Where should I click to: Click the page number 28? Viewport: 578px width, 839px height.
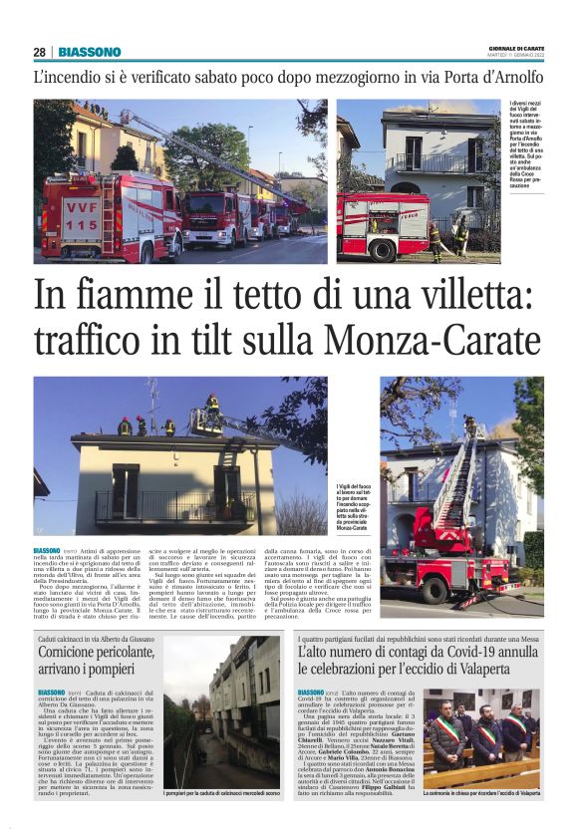click(39, 52)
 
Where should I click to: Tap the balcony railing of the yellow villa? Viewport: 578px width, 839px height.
click(169, 504)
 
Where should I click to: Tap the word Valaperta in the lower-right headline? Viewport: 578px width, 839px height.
click(501, 670)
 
